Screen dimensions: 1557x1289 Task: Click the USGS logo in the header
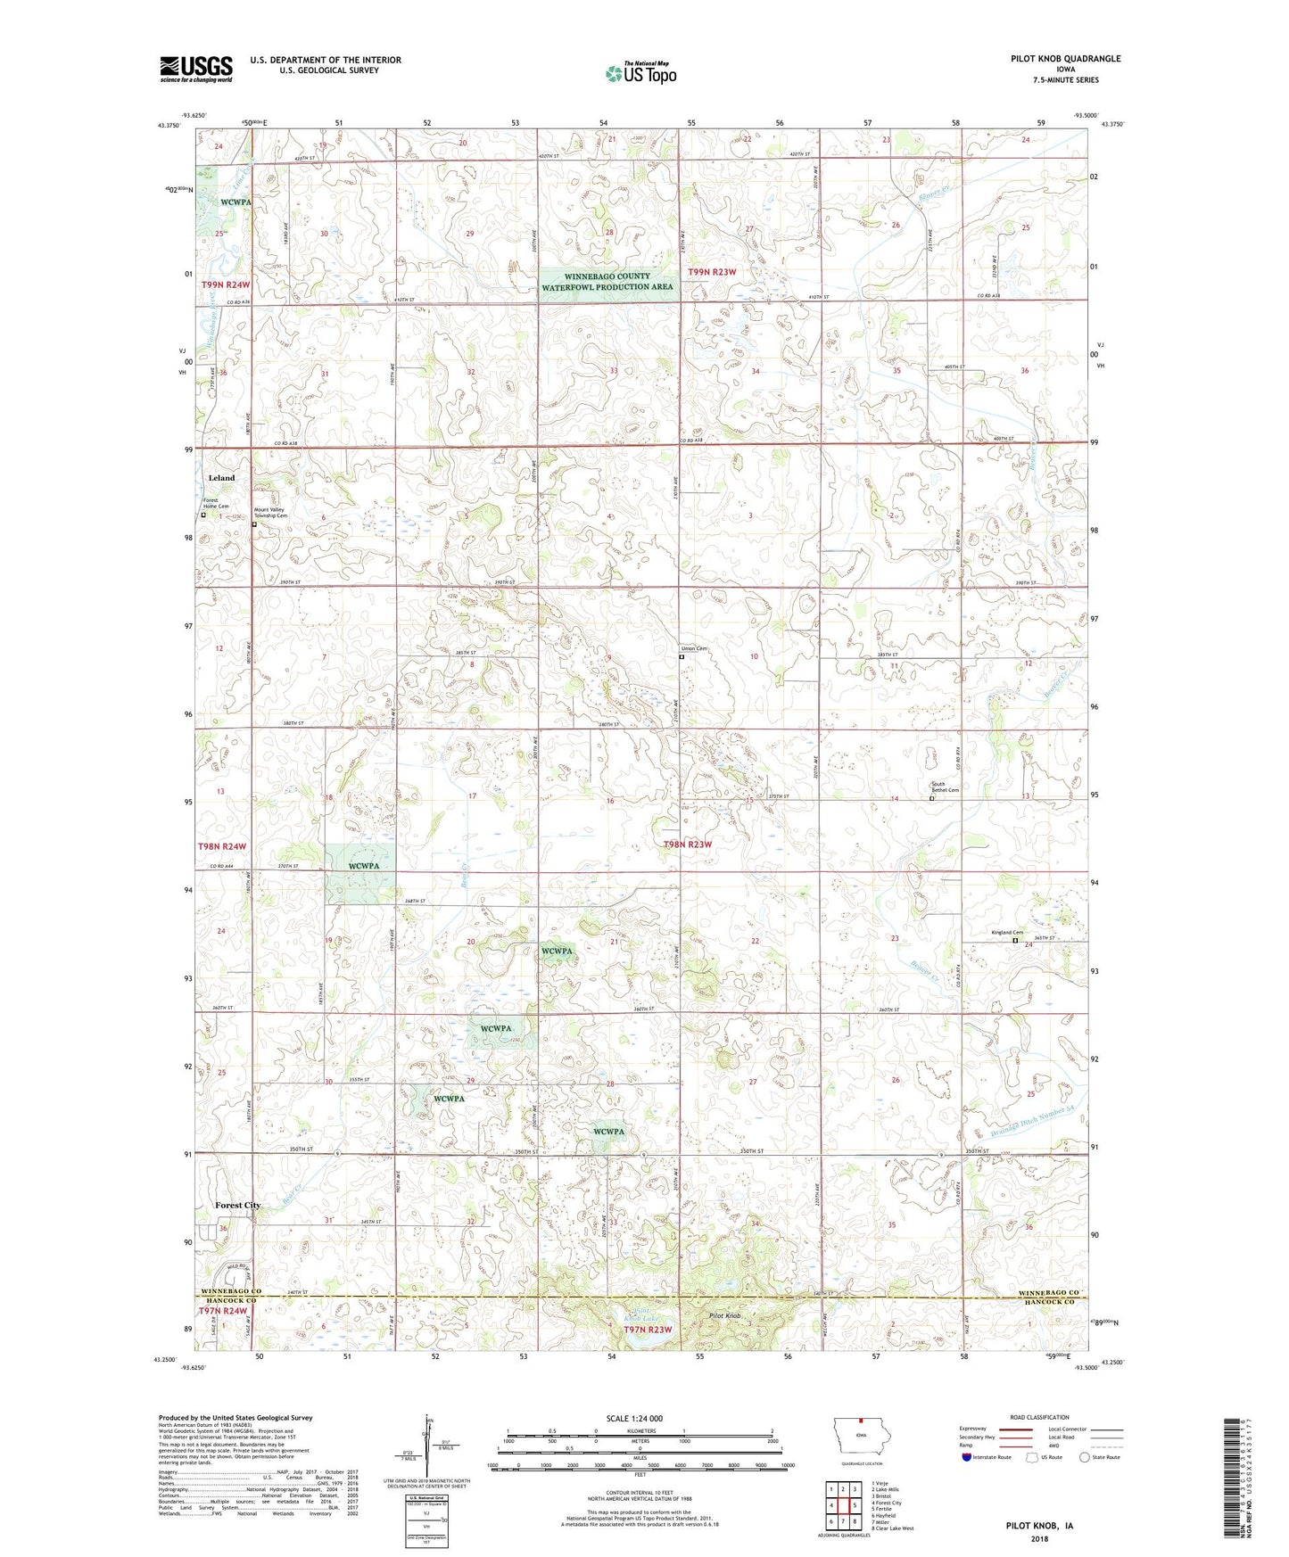pyautogui.click(x=196, y=68)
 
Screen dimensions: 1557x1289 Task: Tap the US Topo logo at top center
pyautogui.click(x=640, y=73)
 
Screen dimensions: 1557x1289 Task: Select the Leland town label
pyautogui.click(x=221, y=478)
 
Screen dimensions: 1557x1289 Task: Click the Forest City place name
pyautogui.click(x=237, y=1205)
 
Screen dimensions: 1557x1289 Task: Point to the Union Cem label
pyautogui.click(x=694, y=648)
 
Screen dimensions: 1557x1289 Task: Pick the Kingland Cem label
pyautogui.click(x=1007, y=933)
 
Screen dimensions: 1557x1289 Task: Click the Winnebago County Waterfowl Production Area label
pyautogui.click(x=607, y=282)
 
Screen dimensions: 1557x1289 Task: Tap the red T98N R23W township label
pyautogui.click(x=700, y=844)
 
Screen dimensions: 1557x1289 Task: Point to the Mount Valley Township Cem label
pyautogui.click(x=270, y=513)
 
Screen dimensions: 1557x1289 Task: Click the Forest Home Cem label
pyautogui.click(x=215, y=504)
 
